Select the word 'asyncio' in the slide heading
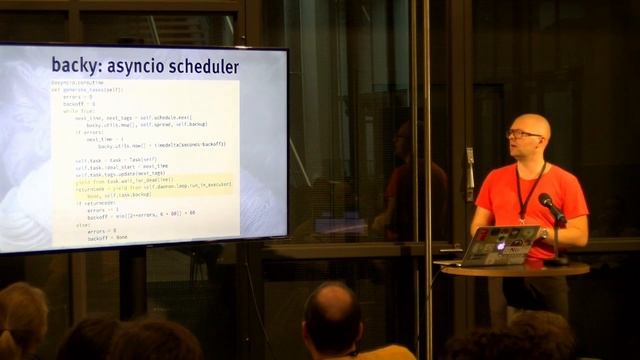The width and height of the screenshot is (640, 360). click(134, 66)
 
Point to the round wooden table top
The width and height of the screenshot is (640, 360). click(514, 269)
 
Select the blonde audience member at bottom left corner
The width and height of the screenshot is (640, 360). click(20, 320)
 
